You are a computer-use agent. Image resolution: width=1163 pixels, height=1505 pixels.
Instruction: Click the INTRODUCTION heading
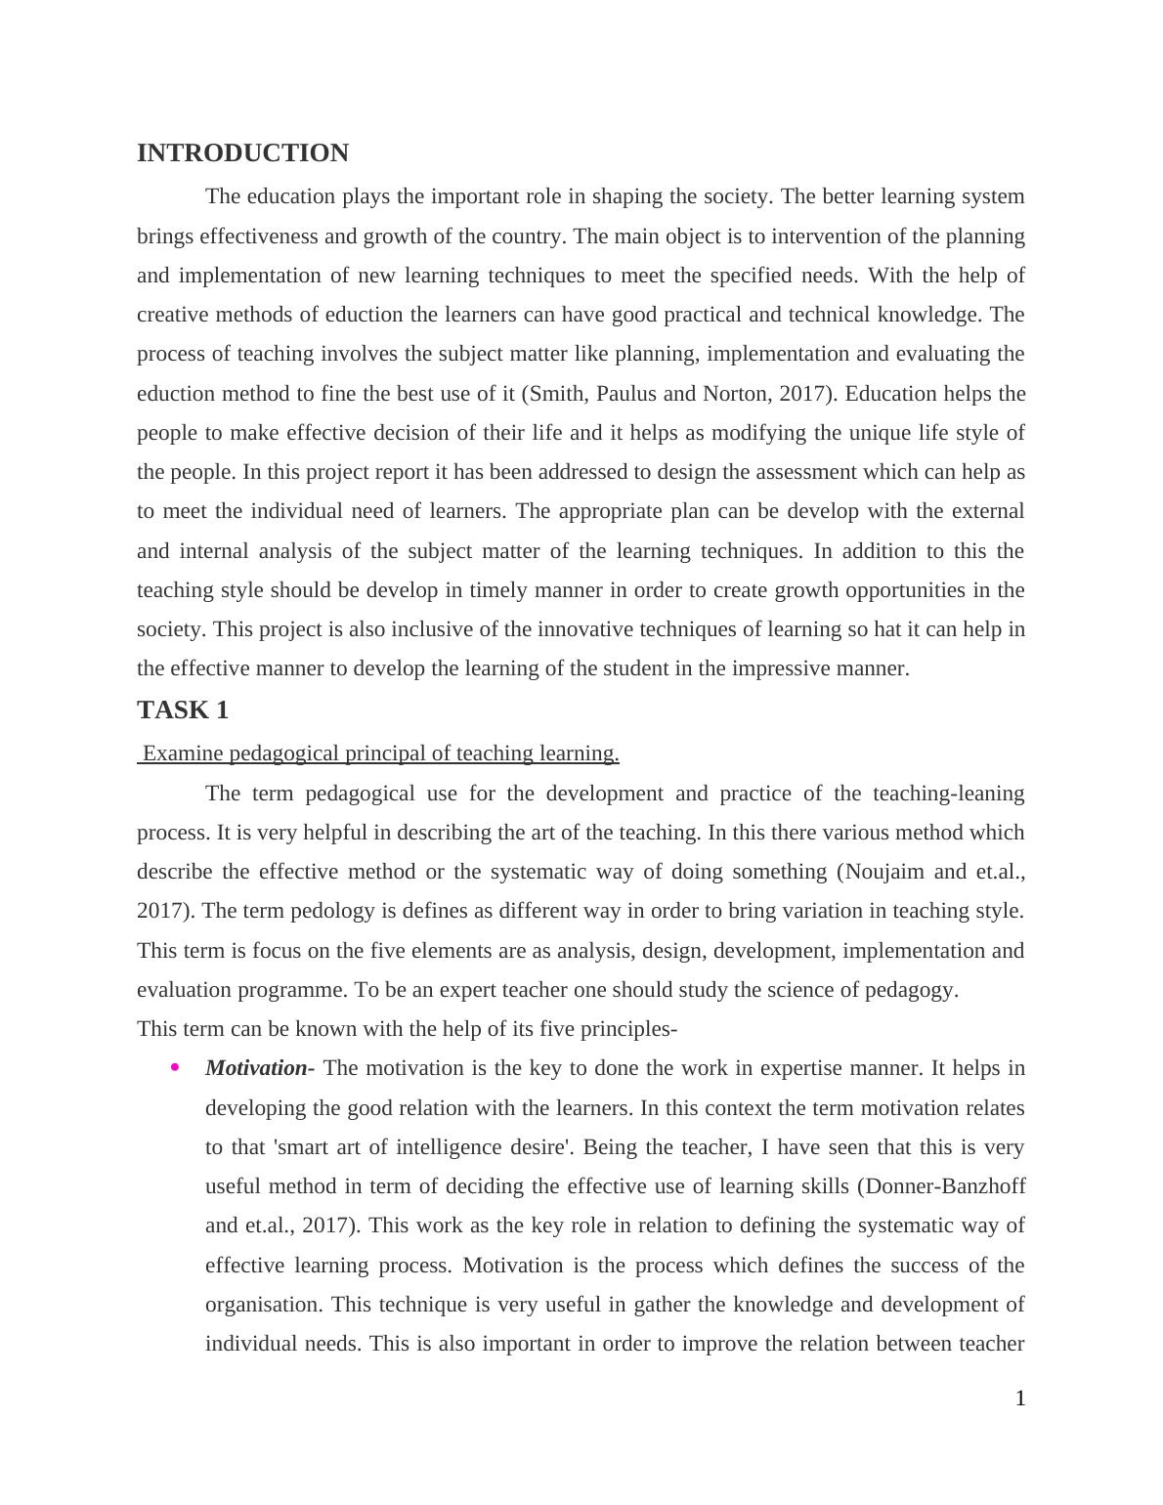tap(242, 153)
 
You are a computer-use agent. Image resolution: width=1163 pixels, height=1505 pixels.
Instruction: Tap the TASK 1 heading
tap(183, 710)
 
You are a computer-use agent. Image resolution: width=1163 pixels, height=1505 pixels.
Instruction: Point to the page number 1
tap(1020, 1398)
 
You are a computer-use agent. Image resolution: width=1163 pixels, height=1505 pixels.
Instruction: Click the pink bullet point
tap(175, 1068)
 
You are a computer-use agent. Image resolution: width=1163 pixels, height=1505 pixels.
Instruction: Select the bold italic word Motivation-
tap(259, 1068)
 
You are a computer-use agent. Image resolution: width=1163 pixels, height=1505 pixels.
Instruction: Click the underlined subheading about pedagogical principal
tap(380, 753)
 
